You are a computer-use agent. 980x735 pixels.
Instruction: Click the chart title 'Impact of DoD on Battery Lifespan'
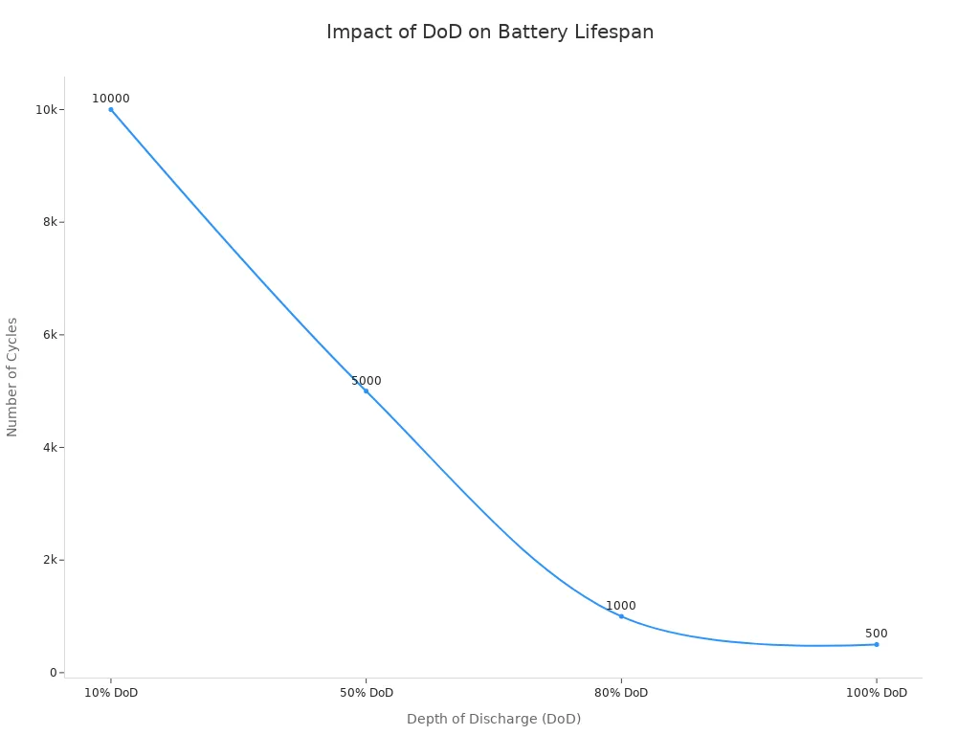click(x=490, y=32)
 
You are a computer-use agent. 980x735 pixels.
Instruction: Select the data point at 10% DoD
click(x=111, y=109)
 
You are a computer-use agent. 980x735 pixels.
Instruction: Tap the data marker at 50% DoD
click(x=366, y=390)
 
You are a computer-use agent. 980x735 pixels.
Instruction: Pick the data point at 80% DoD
click(x=621, y=616)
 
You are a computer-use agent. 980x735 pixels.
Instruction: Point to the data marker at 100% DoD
click(x=876, y=644)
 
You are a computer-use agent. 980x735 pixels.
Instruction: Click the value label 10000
click(x=111, y=99)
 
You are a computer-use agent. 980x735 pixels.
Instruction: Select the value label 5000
click(x=366, y=381)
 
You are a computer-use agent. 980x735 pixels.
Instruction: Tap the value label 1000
click(x=620, y=606)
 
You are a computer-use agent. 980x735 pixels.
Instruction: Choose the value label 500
click(x=876, y=634)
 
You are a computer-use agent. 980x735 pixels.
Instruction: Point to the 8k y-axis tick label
click(x=50, y=222)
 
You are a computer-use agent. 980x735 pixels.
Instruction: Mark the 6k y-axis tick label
click(x=50, y=335)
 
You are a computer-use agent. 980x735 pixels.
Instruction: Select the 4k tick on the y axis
click(x=50, y=448)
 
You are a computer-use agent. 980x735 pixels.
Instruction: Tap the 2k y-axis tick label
click(x=50, y=560)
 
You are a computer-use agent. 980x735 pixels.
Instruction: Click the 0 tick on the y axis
click(x=54, y=673)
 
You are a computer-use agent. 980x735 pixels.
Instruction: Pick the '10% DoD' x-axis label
click(x=111, y=693)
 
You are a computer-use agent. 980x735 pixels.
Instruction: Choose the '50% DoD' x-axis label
click(x=366, y=693)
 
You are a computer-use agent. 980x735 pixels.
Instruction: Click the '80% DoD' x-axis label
click(x=621, y=693)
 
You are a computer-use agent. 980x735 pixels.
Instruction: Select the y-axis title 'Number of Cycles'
click(x=12, y=377)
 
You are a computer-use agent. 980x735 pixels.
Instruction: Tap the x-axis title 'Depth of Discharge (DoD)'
click(x=494, y=719)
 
